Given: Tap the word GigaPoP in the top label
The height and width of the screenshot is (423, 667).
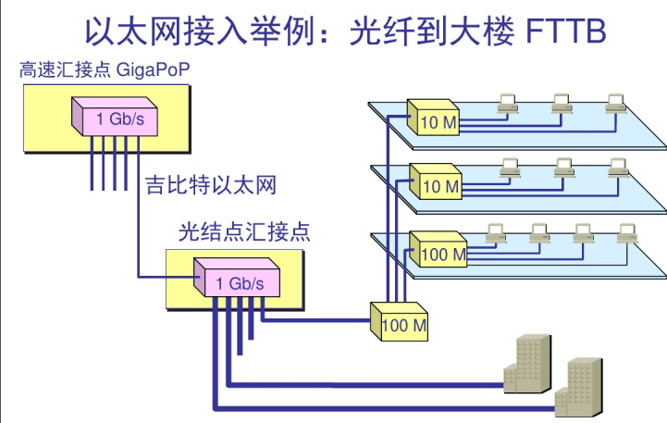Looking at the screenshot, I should click(153, 69).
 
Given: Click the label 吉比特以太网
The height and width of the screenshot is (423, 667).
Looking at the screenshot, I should click(211, 184).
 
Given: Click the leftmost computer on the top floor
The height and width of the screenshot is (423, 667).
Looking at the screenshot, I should click(507, 103).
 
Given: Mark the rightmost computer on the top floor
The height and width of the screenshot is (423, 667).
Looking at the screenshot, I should click(612, 103).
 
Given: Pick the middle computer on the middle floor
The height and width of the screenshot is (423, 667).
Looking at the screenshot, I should click(561, 168).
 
